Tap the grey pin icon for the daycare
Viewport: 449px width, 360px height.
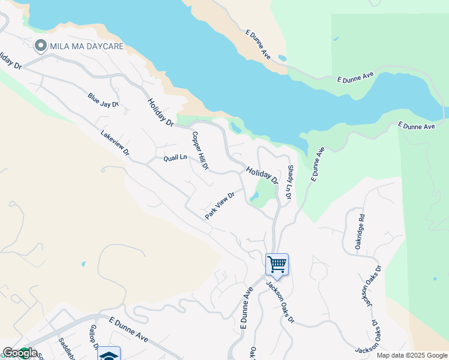click(x=41, y=46)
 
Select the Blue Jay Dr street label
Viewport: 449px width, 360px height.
click(x=103, y=100)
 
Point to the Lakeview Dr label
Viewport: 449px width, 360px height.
click(x=115, y=143)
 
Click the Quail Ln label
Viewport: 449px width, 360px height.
click(x=175, y=158)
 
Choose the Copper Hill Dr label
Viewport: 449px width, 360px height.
click(x=200, y=151)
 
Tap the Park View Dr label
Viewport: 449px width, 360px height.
click(x=219, y=205)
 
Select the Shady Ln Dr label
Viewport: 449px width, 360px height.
click(x=289, y=184)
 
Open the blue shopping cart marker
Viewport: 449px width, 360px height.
click(x=277, y=264)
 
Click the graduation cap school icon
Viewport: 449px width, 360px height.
click(x=109, y=355)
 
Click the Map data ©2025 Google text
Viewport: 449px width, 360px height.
click(x=412, y=355)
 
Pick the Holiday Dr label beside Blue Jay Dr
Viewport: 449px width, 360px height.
click(x=160, y=112)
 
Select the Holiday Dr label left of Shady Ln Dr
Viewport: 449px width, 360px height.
click(x=262, y=175)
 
